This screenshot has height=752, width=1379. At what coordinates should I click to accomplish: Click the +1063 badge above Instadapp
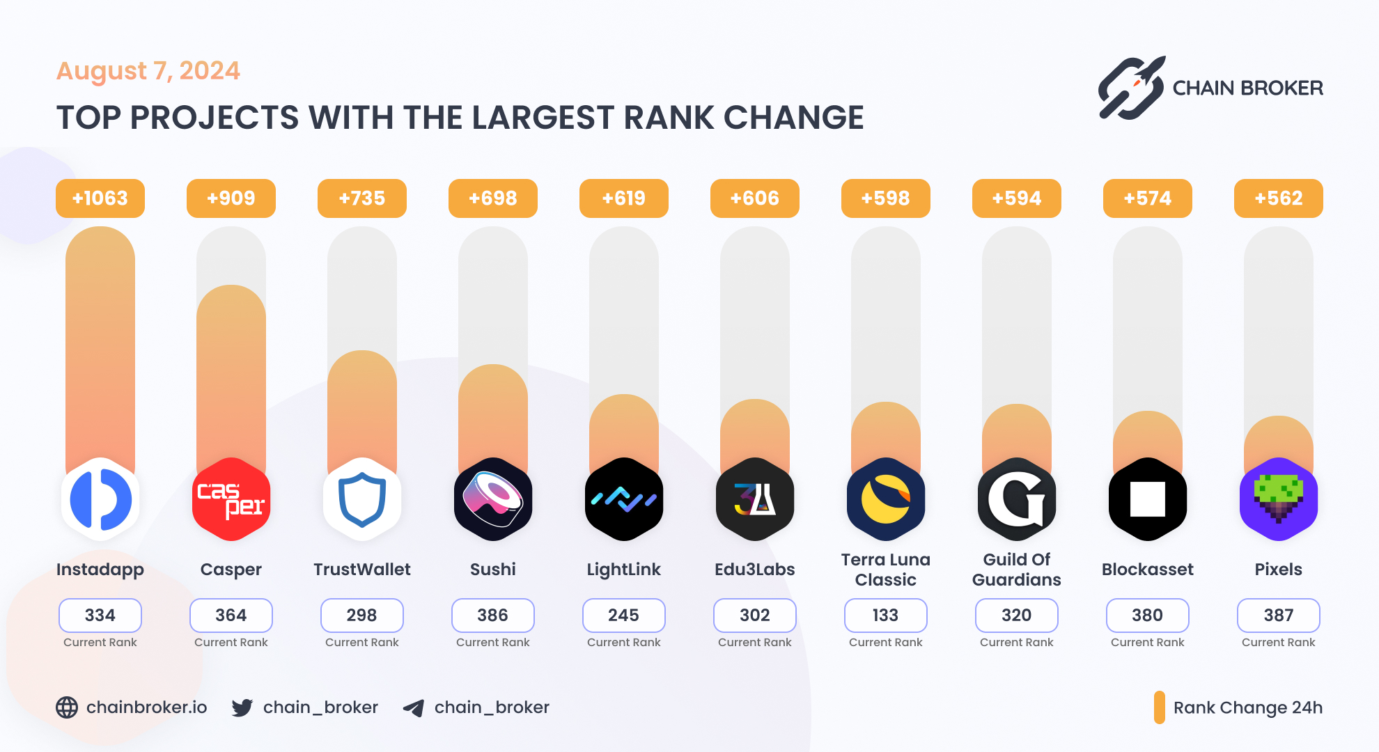pos(100,198)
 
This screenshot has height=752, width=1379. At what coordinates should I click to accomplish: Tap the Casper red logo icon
pos(231,499)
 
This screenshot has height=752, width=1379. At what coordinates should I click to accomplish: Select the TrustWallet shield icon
pos(362,499)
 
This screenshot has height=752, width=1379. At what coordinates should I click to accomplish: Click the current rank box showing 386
pos(493,616)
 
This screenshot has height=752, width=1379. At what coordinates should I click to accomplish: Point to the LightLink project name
pos(623,570)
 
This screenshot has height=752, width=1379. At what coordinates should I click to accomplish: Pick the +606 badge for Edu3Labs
pos(754,198)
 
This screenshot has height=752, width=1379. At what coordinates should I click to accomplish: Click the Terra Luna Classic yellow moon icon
pos(886,499)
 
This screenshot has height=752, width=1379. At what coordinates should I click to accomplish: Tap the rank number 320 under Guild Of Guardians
pos(1016,616)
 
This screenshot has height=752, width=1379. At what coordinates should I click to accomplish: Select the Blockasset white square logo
pos(1148,499)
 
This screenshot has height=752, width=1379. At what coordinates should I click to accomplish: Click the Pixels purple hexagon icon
pos(1279,499)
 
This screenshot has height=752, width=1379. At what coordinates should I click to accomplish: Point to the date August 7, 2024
pos(148,71)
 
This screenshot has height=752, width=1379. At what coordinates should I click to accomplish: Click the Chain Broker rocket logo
pos(1132,88)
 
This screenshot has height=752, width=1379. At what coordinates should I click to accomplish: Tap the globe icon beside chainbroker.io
pos(67,707)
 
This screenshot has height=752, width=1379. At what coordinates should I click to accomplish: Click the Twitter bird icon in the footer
pos(242,708)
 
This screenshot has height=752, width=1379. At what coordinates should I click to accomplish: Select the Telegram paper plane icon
pos(414,708)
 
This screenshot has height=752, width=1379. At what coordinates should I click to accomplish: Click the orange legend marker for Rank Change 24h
pos(1159,707)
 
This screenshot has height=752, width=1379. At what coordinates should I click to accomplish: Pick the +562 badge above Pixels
pos(1278,198)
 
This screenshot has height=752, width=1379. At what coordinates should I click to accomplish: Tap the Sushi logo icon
pos(493,499)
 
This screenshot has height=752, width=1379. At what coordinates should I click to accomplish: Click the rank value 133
pos(885,616)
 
